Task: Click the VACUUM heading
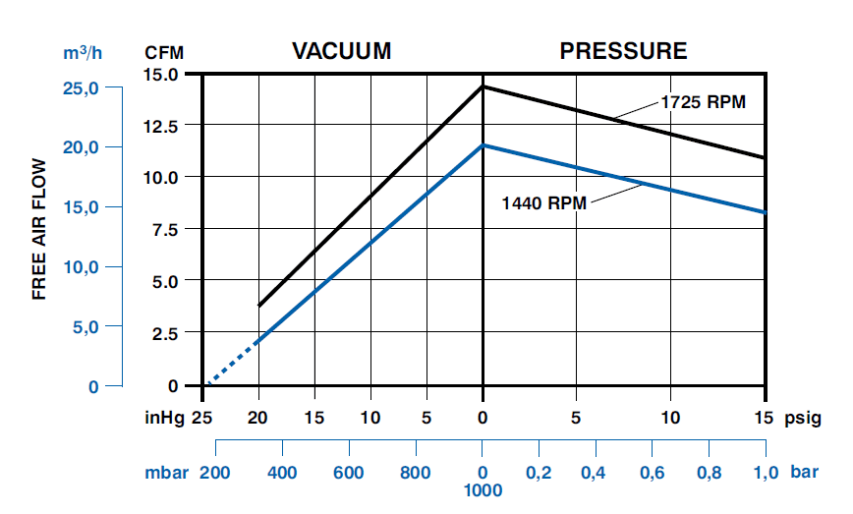click(342, 51)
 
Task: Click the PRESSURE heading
click(623, 51)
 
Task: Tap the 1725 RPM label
click(704, 101)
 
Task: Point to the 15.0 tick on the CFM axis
click(161, 75)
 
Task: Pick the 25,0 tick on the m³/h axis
click(81, 88)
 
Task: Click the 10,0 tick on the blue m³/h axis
click(81, 267)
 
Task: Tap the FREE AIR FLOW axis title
click(39, 228)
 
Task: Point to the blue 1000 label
click(483, 489)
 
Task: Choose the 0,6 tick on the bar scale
click(651, 473)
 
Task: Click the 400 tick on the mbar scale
click(282, 473)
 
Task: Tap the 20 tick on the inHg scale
click(258, 417)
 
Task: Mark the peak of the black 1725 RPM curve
click(483, 86)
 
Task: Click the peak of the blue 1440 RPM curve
click(483, 145)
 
